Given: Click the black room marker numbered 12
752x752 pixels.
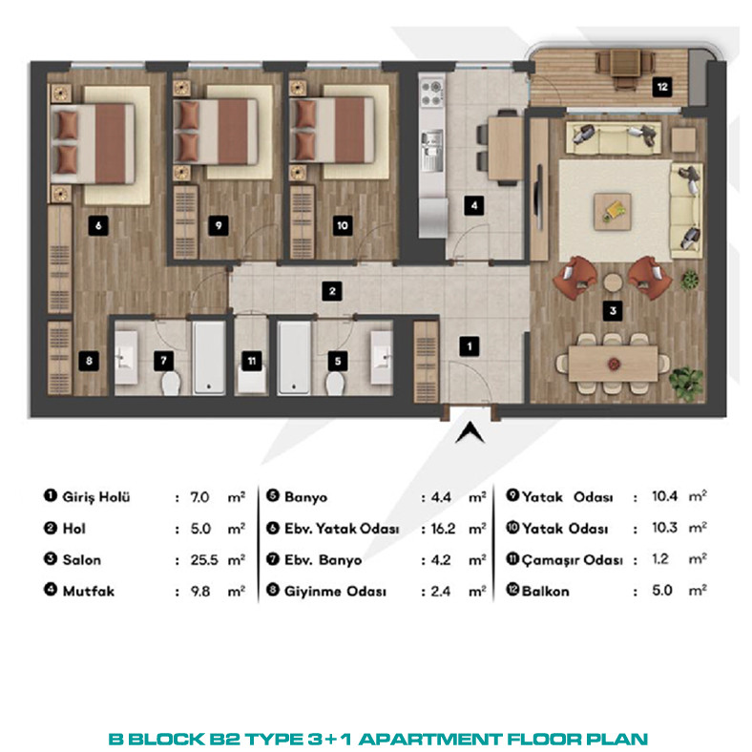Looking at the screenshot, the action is tap(662, 87).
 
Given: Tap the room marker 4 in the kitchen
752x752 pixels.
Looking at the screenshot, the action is tap(474, 206).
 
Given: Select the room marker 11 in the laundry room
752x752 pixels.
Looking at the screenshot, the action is tap(252, 361).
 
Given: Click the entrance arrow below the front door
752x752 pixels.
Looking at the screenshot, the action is tap(470, 432).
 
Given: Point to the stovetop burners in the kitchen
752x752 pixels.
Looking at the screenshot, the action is tap(431, 93).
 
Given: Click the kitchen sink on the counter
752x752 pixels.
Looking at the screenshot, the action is tap(432, 144).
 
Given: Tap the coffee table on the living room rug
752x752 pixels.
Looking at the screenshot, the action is tap(613, 212).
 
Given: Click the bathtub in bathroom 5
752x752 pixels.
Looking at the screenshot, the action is tap(294, 358).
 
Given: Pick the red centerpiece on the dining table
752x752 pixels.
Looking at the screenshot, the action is tap(613, 364).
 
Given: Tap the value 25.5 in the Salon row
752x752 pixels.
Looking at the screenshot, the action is tap(204, 559).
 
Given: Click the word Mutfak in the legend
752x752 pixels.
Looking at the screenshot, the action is tap(88, 591).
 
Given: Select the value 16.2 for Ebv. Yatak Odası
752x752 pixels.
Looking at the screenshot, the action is tap(443, 529).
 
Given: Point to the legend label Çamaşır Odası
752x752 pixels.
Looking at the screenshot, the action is tap(572, 560).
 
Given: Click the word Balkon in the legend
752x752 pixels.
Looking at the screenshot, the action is tap(545, 591).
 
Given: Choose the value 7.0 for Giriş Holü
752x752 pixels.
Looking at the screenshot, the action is tap(199, 497).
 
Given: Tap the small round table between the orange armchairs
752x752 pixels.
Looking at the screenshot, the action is tap(613, 282).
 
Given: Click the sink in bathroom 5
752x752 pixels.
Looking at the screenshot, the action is tap(383, 357).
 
